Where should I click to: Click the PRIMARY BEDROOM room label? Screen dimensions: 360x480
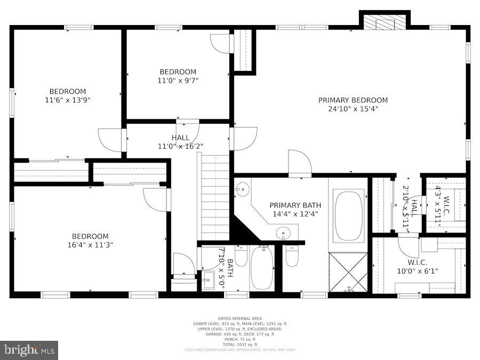tap(353, 100)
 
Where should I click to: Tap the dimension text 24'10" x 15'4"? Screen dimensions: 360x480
tap(353, 109)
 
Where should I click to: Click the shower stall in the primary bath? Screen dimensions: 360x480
tap(348, 272)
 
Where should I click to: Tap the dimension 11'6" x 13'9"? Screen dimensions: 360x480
tap(68, 100)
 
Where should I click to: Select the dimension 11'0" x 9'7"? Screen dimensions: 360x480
tap(178, 81)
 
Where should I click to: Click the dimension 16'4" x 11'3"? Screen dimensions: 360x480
tap(90, 245)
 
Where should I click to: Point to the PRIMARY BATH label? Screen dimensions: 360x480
tap(295, 205)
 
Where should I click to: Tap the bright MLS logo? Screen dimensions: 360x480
tap(29, 350)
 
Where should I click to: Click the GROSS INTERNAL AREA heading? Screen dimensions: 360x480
tap(239, 318)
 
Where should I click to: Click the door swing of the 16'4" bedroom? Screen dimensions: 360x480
tap(156, 198)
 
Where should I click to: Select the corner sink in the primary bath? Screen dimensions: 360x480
tap(243, 188)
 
